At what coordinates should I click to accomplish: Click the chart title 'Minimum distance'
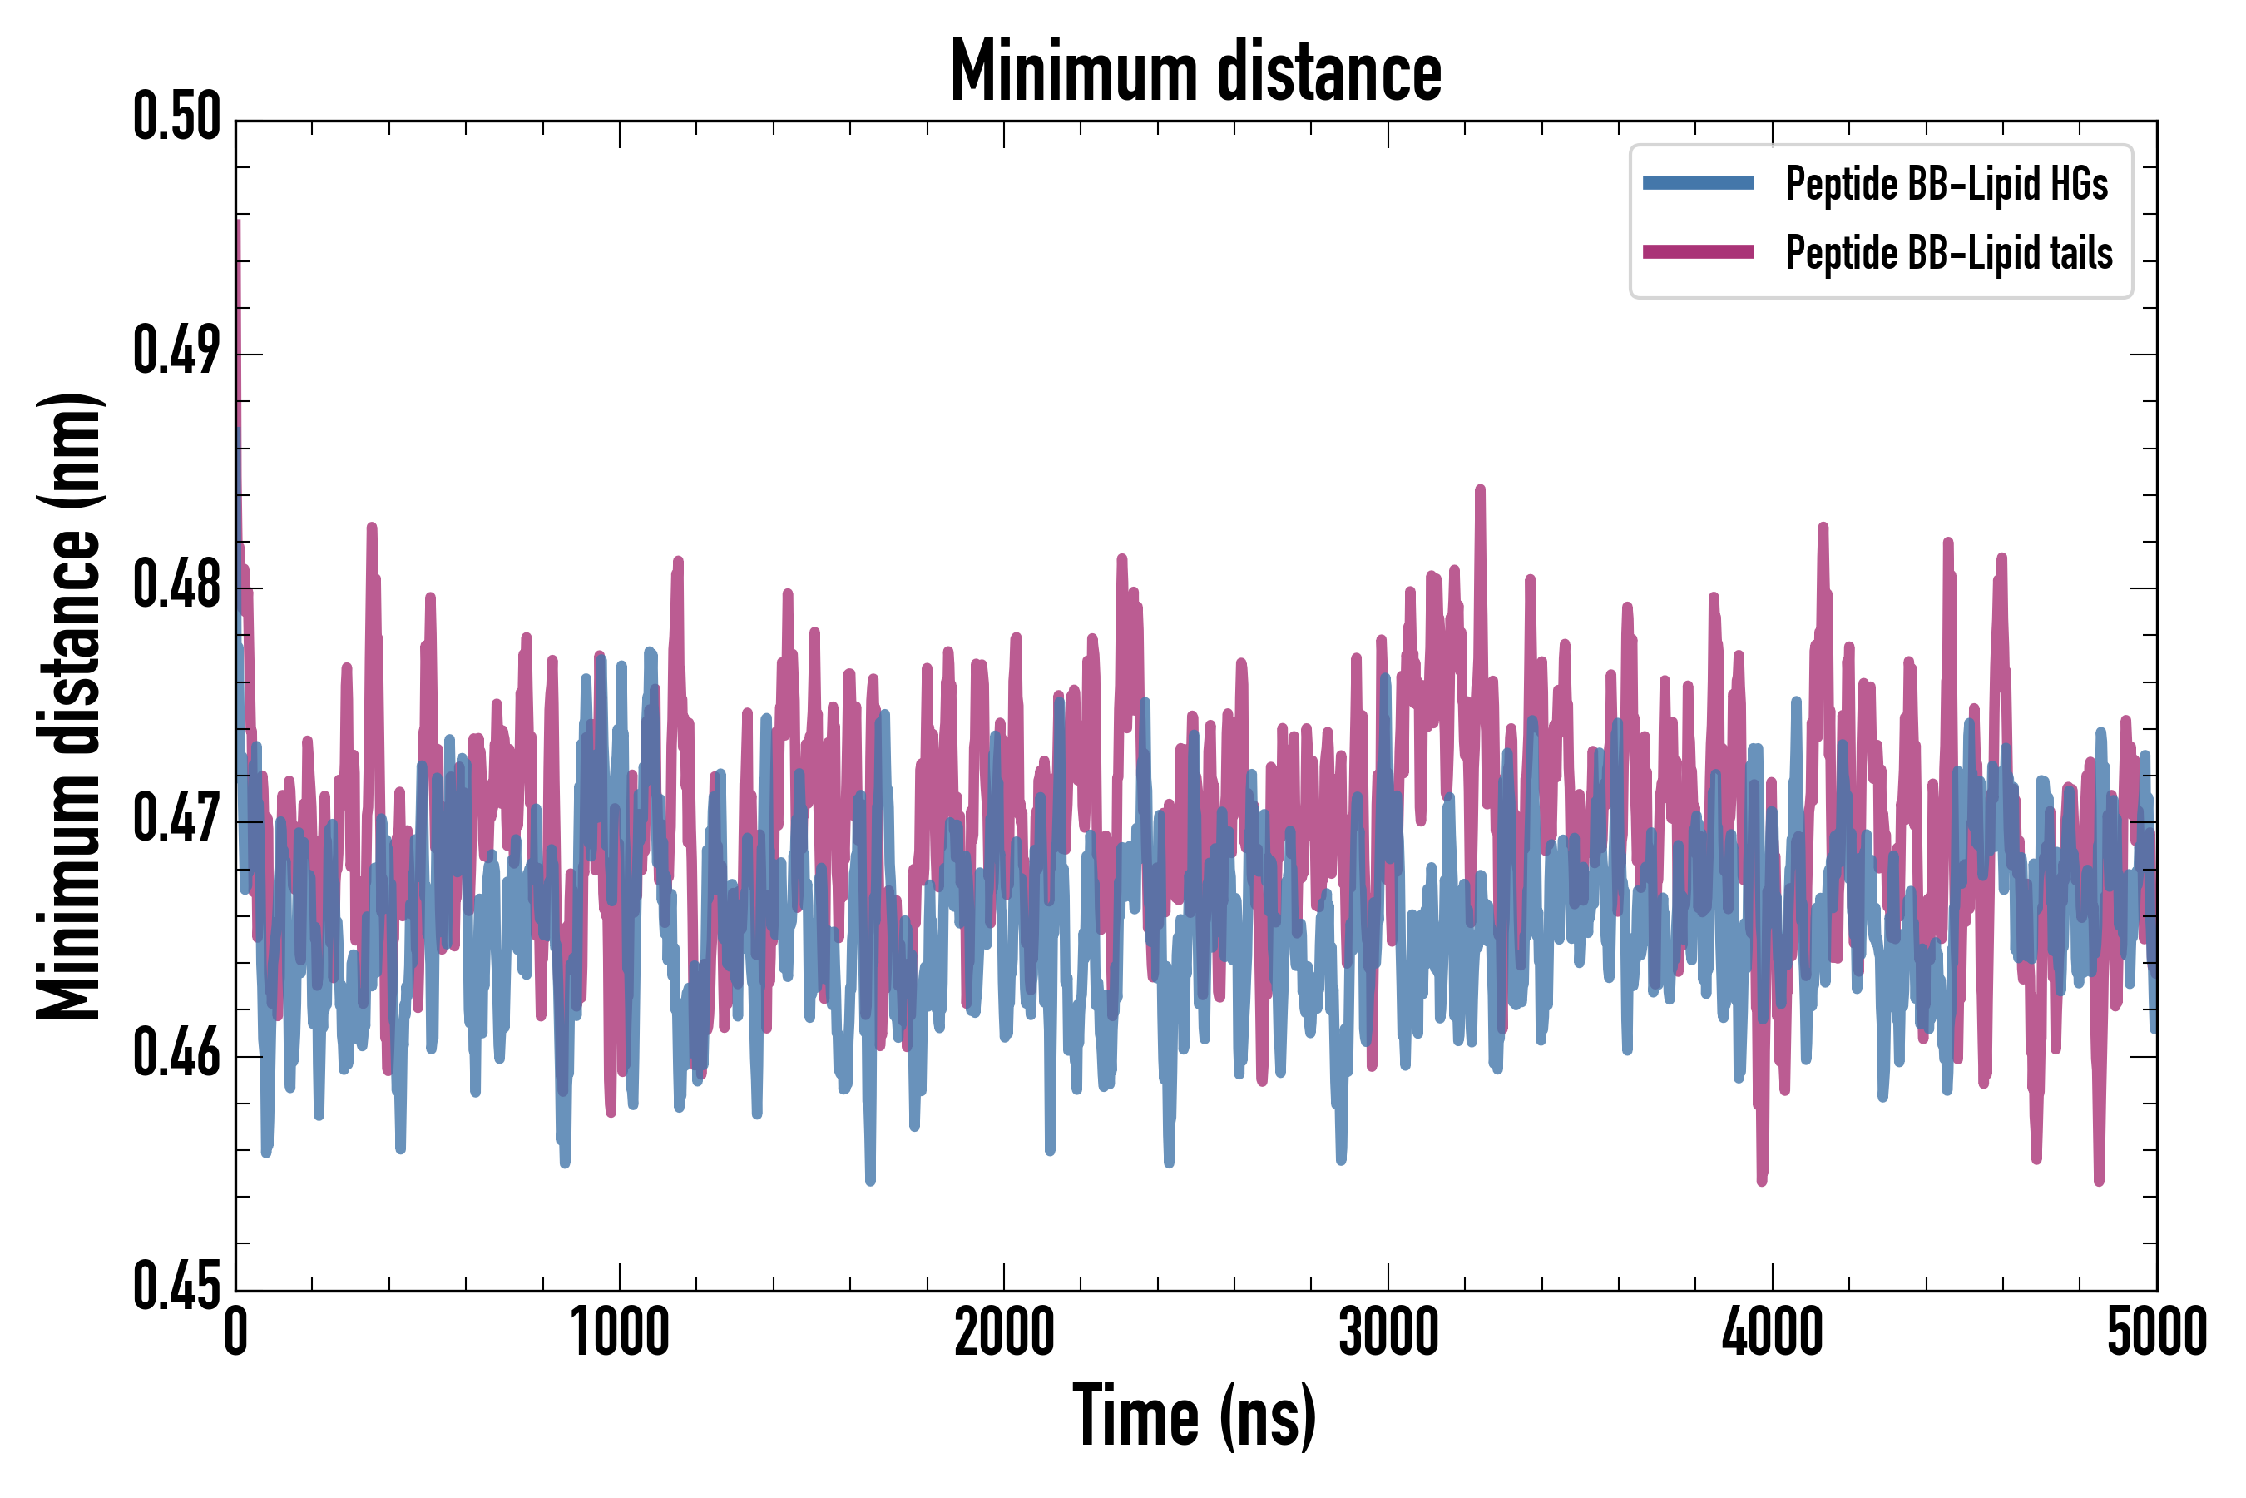pos(1195,72)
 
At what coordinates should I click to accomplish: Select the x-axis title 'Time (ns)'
pos(1195,1416)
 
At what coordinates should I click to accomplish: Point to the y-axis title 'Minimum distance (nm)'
pos(69,706)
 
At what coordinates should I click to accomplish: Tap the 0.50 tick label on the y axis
pos(176,117)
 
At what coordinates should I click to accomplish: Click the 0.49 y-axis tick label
pos(176,351)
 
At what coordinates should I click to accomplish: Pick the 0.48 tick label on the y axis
pos(176,586)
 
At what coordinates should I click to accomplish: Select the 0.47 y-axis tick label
pos(176,820)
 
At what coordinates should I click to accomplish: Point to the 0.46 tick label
pos(176,1054)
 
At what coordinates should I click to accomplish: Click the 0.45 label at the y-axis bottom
pos(176,1287)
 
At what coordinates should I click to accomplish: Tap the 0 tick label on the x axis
pos(236,1332)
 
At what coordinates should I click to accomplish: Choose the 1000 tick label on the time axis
pos(620,1332)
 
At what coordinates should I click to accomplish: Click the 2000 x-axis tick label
pos(1004,1332)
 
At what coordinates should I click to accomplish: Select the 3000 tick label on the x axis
pos(1388,1332)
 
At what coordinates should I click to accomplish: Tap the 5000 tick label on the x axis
pos(2156,1332)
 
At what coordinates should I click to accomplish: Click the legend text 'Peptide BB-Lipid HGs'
pos(1947,183)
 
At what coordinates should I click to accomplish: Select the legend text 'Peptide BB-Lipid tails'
pos(1949,253)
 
